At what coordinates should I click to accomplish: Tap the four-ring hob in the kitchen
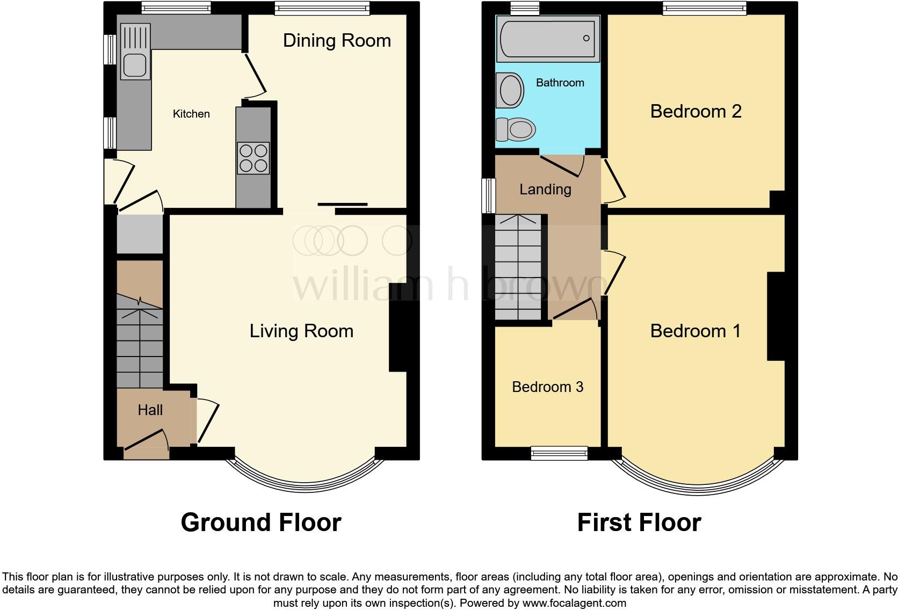pos(253,158)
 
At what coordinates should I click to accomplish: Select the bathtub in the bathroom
pos(548,38)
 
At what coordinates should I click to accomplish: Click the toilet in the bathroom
pos(516,129)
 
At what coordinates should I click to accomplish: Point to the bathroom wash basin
pos(511,90)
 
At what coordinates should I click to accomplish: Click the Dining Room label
pos(337,41)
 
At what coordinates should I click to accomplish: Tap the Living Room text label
pos(301,331)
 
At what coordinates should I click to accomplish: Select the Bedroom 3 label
pos(547,387)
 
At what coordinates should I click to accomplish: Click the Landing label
pos(545,189)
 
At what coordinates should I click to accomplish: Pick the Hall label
pos(150,410)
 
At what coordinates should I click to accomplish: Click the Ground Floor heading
pos(261,522)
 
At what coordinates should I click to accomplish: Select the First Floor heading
pos(639,522)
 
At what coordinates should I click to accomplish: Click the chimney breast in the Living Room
pos(398,336)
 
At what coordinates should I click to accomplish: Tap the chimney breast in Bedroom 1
pos(776,316)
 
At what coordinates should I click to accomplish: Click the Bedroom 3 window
pos(559,453)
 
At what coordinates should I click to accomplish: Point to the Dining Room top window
pos(322,8)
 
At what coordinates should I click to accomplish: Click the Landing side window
pos(488,195)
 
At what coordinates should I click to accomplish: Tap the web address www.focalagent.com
pos(574,603)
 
